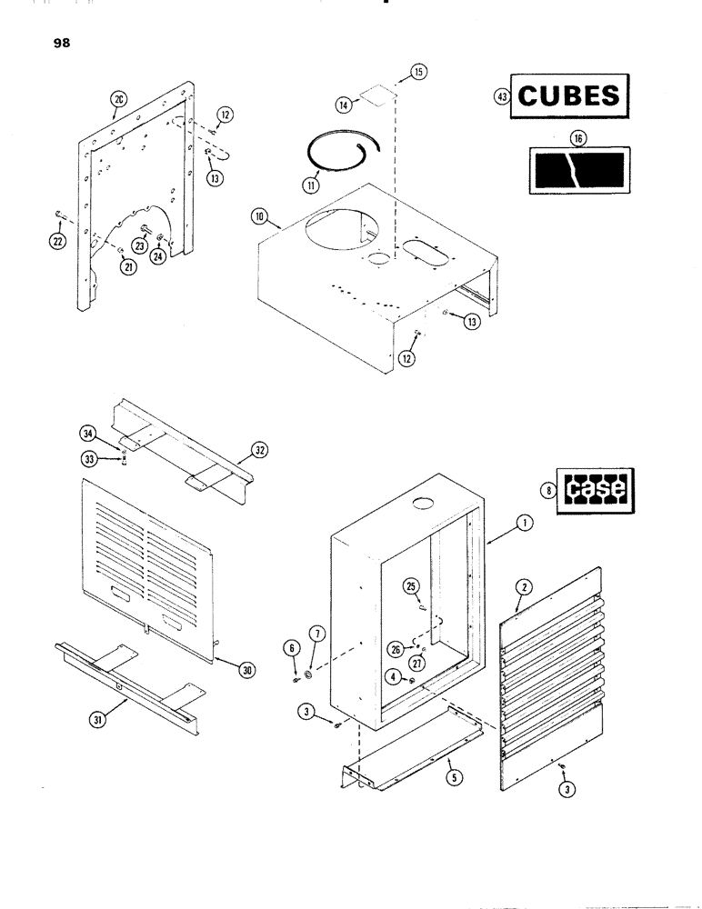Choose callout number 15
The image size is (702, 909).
pyautogui.click(x=418, y=70)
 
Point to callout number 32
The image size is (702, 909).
pyautogui.click(x=260, y=450)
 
